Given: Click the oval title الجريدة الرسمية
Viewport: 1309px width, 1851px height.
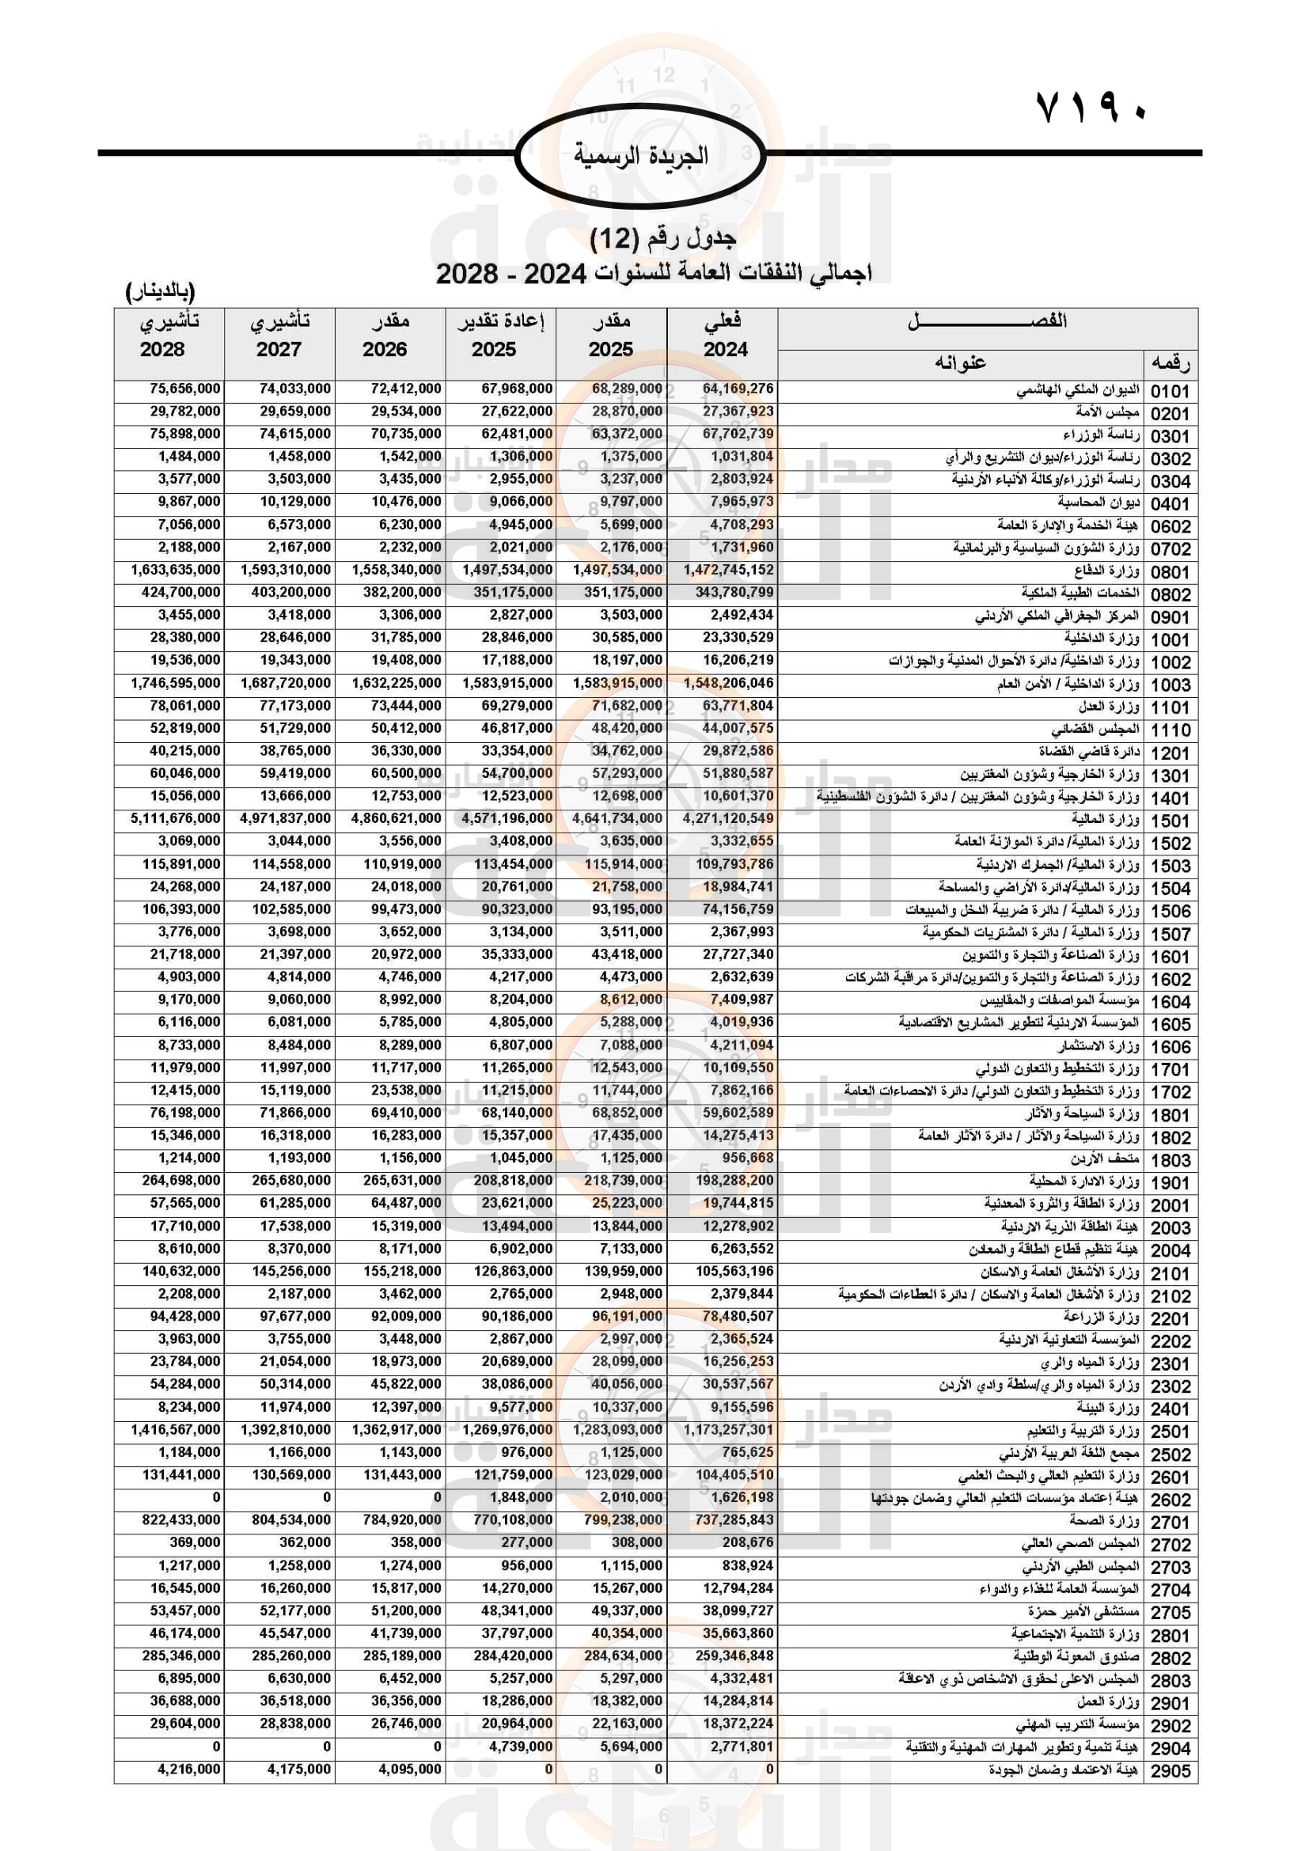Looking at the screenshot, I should (x=641, y=155).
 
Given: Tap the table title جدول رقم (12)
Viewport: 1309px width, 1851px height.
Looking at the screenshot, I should (x=662, y=238).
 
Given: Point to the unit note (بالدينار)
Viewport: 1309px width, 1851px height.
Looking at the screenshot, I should (x=161, y=291).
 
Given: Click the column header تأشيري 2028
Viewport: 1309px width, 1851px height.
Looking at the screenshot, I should (x=169, y=336).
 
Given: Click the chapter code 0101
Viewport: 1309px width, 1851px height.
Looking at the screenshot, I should (x=1170, y=391).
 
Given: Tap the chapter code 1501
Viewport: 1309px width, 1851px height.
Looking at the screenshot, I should (x=1170, y=821).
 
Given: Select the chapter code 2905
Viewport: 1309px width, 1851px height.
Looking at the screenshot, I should (x=1170, y=1771).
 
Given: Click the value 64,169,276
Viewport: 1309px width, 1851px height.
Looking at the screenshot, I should (x=738, y=389).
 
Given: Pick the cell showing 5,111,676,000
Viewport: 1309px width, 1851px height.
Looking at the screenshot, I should (x=175, y=818).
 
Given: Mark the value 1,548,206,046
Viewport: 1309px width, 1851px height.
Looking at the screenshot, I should (x=728, y=683).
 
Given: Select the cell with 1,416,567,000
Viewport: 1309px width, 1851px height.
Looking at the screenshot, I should (x=175, y=1429).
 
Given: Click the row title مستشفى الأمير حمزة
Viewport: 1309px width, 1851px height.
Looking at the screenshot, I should (x=1083, y=1610).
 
